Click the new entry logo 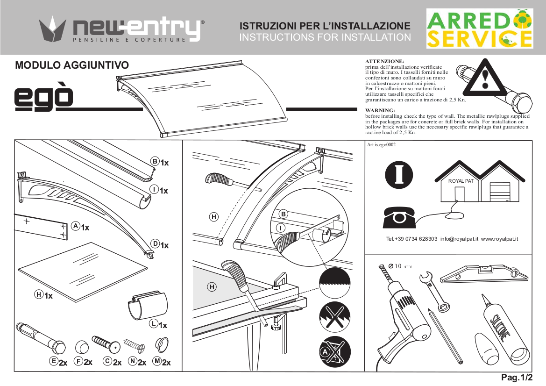coord(121,29)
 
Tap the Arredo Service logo coord(479,29)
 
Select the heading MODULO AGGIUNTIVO coord(71,65)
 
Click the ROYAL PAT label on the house coord(461,181)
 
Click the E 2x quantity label coord(59,362)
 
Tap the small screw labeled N coord(133,346)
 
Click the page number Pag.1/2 coord(516,377)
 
